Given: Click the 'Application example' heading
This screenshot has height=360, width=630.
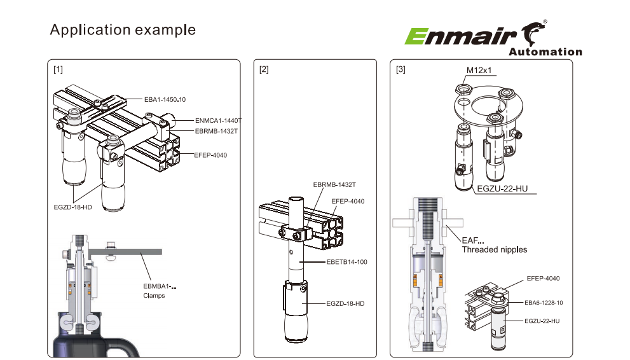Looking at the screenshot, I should click(123, 30).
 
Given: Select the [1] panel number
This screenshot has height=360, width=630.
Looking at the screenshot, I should click(58, 69).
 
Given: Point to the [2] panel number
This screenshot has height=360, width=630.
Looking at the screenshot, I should click(264, 69).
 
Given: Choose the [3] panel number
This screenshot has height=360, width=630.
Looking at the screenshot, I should click(400, 69).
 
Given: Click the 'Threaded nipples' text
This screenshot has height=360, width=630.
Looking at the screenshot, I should click(494, 249).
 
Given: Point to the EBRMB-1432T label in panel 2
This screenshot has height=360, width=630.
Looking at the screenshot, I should click(333, 184).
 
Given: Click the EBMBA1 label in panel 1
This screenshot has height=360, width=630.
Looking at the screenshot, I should click(156, 286).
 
